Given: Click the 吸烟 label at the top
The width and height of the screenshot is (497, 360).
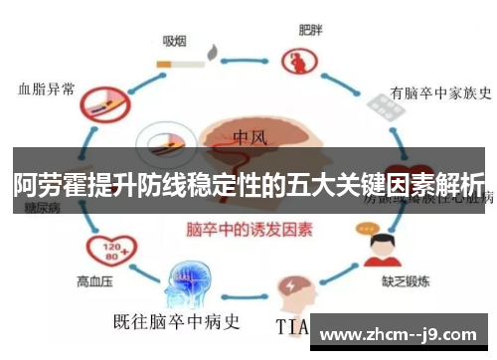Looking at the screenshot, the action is point(175,41).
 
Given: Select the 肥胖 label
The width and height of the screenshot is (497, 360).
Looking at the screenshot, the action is point(311,30).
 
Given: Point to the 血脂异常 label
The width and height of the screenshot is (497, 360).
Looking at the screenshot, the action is point(46,88).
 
